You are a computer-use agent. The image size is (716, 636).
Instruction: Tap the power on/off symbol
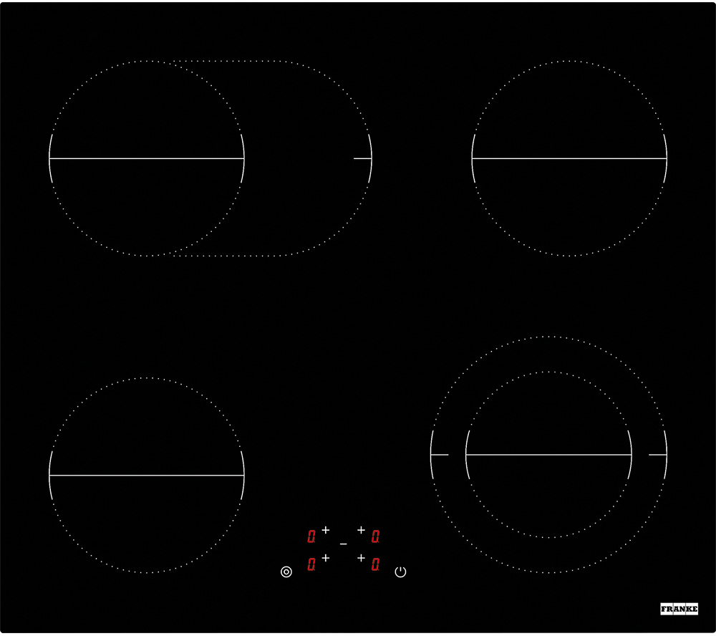[400, 572]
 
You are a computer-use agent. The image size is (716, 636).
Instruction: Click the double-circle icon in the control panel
[286, 572]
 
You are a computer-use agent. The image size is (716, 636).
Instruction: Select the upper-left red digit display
[311, 536]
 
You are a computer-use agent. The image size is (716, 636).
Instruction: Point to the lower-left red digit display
[311, 564]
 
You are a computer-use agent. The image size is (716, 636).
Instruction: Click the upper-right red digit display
[375, 536]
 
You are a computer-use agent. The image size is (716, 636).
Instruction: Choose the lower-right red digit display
[375, 564]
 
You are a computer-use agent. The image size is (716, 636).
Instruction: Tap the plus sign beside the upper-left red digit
[326, 530]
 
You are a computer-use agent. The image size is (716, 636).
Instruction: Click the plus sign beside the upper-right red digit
[361, 530]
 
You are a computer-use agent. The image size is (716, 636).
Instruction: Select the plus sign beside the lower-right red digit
[361, 558]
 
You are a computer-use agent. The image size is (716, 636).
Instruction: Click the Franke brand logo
[679, 609]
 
